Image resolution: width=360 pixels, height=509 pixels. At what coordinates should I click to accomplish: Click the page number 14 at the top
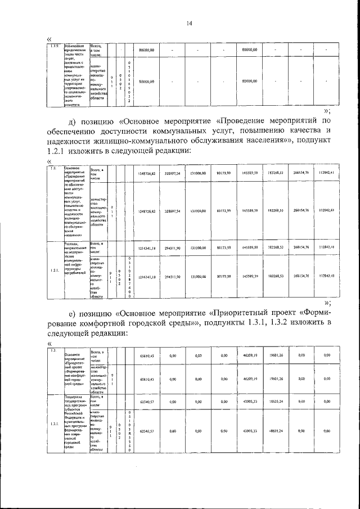tap(190, 23)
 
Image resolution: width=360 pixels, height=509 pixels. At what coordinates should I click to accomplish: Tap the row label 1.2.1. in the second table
tap(55, 271)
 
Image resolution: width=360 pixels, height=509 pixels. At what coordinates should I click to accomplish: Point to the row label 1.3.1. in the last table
tap(55, 424)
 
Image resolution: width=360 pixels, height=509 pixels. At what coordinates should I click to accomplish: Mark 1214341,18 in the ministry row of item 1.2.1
tap(147, 277)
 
